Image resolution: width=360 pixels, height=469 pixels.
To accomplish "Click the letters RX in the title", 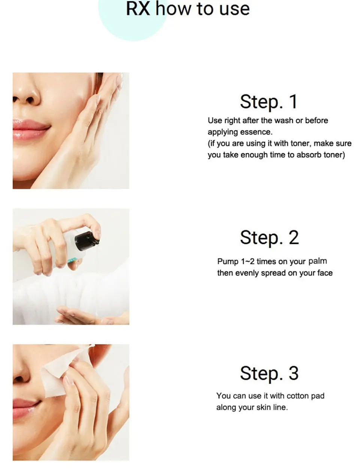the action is click(x=138, y=9).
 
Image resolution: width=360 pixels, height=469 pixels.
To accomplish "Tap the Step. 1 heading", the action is click(x=269, y=102).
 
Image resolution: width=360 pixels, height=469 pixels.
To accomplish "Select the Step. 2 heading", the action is click(x=269, y=238).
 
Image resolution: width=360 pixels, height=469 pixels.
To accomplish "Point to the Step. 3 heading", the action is click(x=269, y=374).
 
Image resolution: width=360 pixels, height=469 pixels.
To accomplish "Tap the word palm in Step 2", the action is click(x=318, y=261).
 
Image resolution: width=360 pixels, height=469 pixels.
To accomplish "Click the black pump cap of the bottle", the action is click(x=87, y=241).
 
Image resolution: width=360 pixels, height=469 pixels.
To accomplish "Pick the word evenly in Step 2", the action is click(x=247, y=273).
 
